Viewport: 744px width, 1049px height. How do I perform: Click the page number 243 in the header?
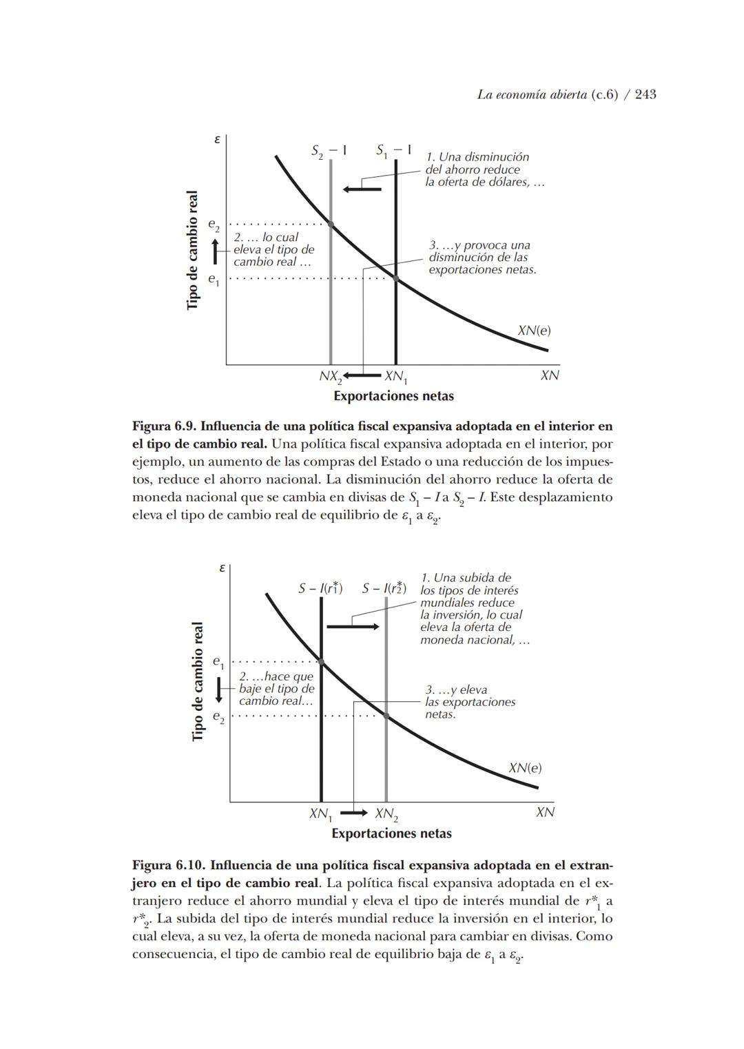pos(645,94)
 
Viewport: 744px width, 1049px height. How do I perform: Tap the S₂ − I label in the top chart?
pos(329,151)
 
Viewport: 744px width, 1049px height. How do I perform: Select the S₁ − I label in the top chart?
pos(394,151)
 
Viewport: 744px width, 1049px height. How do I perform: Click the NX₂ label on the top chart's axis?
pos(331,377)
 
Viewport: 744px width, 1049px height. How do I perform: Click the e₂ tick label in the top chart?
pos(214,225)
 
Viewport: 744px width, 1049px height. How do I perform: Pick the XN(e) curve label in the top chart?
pos(534,331)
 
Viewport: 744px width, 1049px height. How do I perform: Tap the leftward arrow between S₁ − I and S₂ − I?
pos(362,189)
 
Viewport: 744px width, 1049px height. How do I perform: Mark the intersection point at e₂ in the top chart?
pos(331,225)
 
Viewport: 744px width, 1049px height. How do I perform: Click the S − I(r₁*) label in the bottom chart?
pos(320,588)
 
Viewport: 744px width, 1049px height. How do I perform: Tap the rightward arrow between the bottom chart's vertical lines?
pos(352,626)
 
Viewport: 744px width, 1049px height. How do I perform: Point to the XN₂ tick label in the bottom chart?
pos(386,814)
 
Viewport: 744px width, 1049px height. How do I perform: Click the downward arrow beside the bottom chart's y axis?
pos(218,689)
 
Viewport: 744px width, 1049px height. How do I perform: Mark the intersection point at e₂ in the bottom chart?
pos(386,716)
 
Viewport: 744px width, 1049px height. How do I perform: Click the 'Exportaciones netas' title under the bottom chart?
pos(391,833)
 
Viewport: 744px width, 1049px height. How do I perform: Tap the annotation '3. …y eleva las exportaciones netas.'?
pos(469,702)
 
